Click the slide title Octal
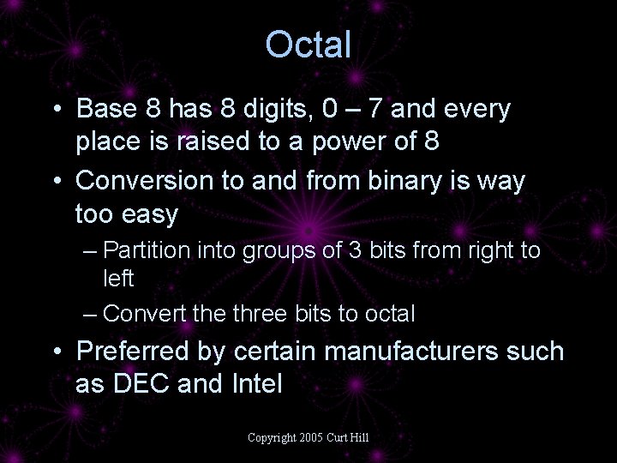[x=308, y=44]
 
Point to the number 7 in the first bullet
[x=374, y=108]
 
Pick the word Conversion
[x=144, y=180]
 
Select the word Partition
[x=147, y=250]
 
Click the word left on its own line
[x=118, y=278]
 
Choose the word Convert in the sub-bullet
[x=144, y=314]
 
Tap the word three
[x=260, y=314]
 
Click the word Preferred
[x=132, y=350]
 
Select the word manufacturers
[x=411, y=351]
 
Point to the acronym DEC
[x=141, y=383]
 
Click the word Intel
[x=257, y=383]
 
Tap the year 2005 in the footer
[x=311, y=437]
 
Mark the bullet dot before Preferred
[x=57, y=351]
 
